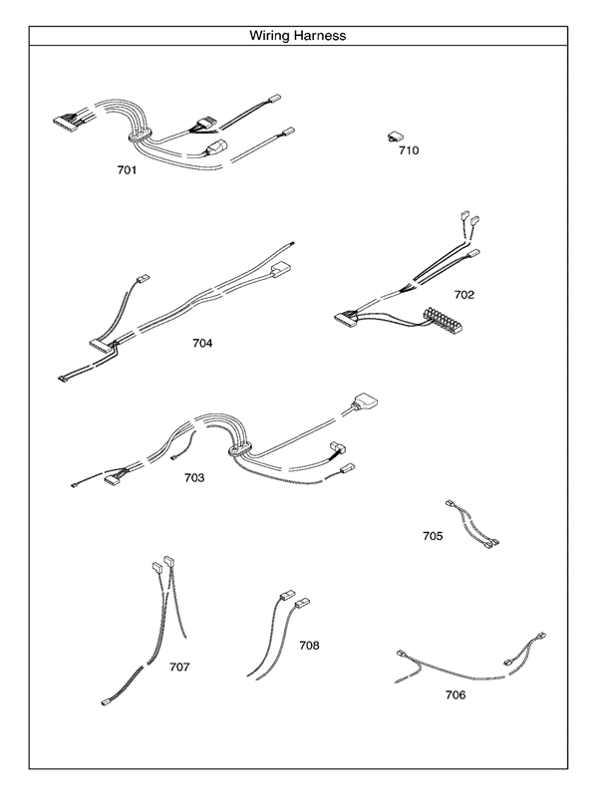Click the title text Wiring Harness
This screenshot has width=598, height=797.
[x=298, y=36]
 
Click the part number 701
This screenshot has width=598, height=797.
[x=127, y=170]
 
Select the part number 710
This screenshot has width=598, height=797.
[x=409, y=151]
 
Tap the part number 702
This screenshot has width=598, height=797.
[x=463, y=295]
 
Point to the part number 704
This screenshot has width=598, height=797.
[x=202, y=343]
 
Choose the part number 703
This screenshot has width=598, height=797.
[x=194, y=478]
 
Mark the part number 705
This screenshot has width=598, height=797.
[x=433, y=536]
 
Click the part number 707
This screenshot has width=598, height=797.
[x=179, y=666]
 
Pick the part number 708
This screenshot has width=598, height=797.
[x=309, y=646]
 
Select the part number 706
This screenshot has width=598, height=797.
[x=454, y=694]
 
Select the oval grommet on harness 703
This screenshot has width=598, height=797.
[x=240, y=450]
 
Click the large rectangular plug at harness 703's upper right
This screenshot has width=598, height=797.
[x=366, y=405]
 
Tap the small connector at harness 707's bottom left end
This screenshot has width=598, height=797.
[x=108, y=702]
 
